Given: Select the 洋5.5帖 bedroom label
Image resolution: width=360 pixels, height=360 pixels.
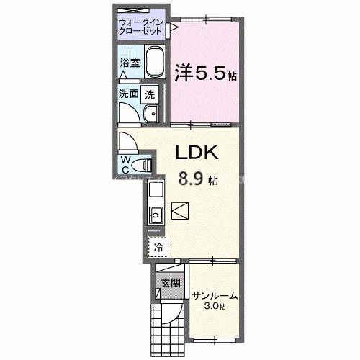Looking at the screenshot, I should pos(207,73).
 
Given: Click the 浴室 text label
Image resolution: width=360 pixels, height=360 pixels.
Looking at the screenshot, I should pos(129,63).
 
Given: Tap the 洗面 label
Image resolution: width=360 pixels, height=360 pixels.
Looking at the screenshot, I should pos(129,94).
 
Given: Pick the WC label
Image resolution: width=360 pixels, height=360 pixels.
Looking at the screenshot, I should pos(125,164).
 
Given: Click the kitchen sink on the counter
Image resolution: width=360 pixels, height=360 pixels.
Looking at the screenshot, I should pos(156,214).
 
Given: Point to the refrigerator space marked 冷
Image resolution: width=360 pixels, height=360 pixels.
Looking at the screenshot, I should pos(157,246).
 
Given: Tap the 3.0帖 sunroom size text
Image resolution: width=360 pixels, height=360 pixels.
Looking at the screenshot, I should pos(214,307).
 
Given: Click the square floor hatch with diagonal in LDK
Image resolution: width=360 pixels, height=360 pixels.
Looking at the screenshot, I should pos(179,211).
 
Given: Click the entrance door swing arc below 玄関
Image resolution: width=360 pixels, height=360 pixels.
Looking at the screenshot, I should pos(171,314).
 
